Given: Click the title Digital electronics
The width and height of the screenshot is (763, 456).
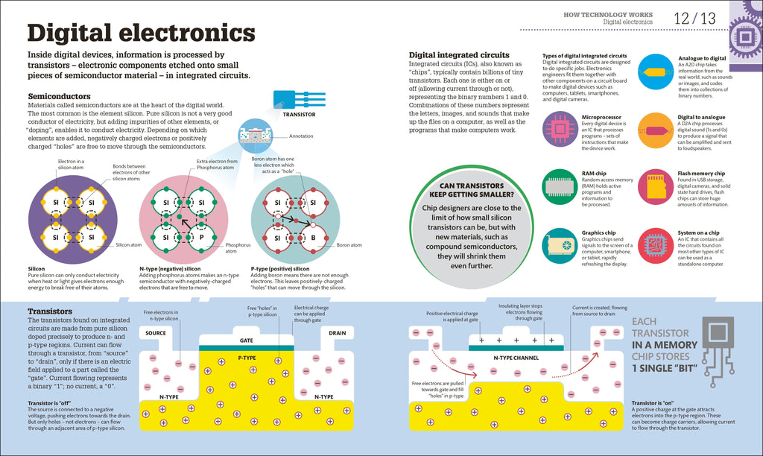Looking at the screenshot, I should [141, 34].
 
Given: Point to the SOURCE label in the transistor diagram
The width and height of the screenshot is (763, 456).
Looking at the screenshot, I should [156, 333].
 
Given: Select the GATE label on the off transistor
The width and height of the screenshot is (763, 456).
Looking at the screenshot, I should [247, 340].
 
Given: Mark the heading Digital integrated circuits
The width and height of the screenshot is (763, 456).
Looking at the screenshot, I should [459, 54].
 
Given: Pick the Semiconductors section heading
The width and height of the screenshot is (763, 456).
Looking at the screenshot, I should [59, 96].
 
